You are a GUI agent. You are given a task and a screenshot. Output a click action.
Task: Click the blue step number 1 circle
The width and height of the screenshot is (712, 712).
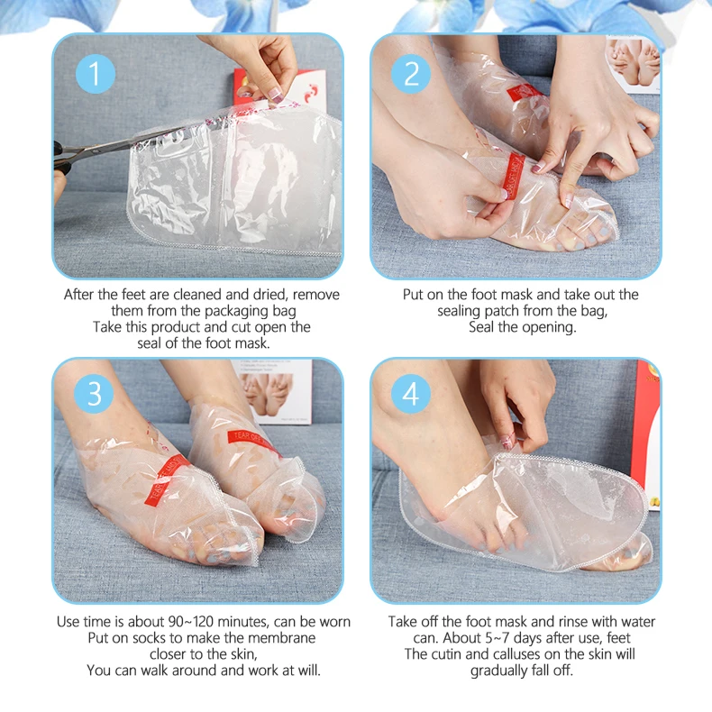pyautogui.click(x=96, y=73)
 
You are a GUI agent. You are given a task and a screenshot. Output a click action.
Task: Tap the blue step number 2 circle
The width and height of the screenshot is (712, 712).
pyautogui.click(x=412, y=74)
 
